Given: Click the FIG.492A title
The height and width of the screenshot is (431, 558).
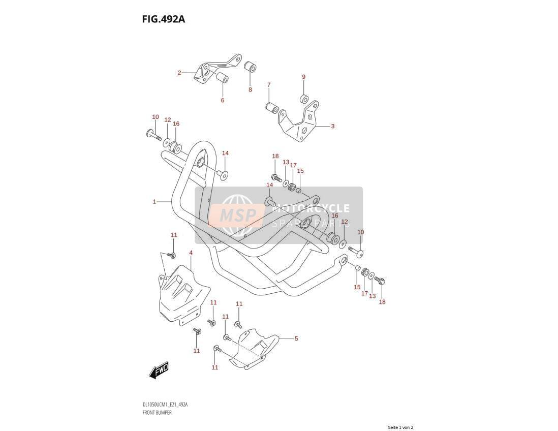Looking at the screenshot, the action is click(x=163, y=19).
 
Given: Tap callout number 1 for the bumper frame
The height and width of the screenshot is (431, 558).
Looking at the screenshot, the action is click(x=154, y=202).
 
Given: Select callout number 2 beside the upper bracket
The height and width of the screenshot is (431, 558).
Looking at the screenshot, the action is click(x=180, y=73).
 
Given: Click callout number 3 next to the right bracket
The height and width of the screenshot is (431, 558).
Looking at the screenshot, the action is click(x=333, y=126).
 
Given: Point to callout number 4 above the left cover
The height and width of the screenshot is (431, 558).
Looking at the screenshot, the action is click(x=191, y=253).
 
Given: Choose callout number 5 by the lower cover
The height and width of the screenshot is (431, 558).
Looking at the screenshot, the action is click(x=296, y=338).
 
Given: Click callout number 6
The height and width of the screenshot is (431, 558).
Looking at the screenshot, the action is click(x=223, y=100).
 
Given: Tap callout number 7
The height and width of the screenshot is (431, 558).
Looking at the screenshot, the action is click(x=269, y=85).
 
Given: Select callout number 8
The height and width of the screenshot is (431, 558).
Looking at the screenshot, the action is click(x=250, y=89).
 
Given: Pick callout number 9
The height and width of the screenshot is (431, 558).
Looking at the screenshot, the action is click(x=303, y=77).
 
